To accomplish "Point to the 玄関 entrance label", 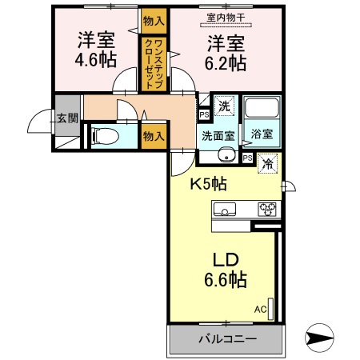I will [x=66, y=118].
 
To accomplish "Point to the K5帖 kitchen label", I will [x=208, y=183].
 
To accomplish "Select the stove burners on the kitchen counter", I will [x=266, y=210].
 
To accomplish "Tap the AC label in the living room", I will [x=260, y=309].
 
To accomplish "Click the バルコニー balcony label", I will [x=227, y=339].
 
